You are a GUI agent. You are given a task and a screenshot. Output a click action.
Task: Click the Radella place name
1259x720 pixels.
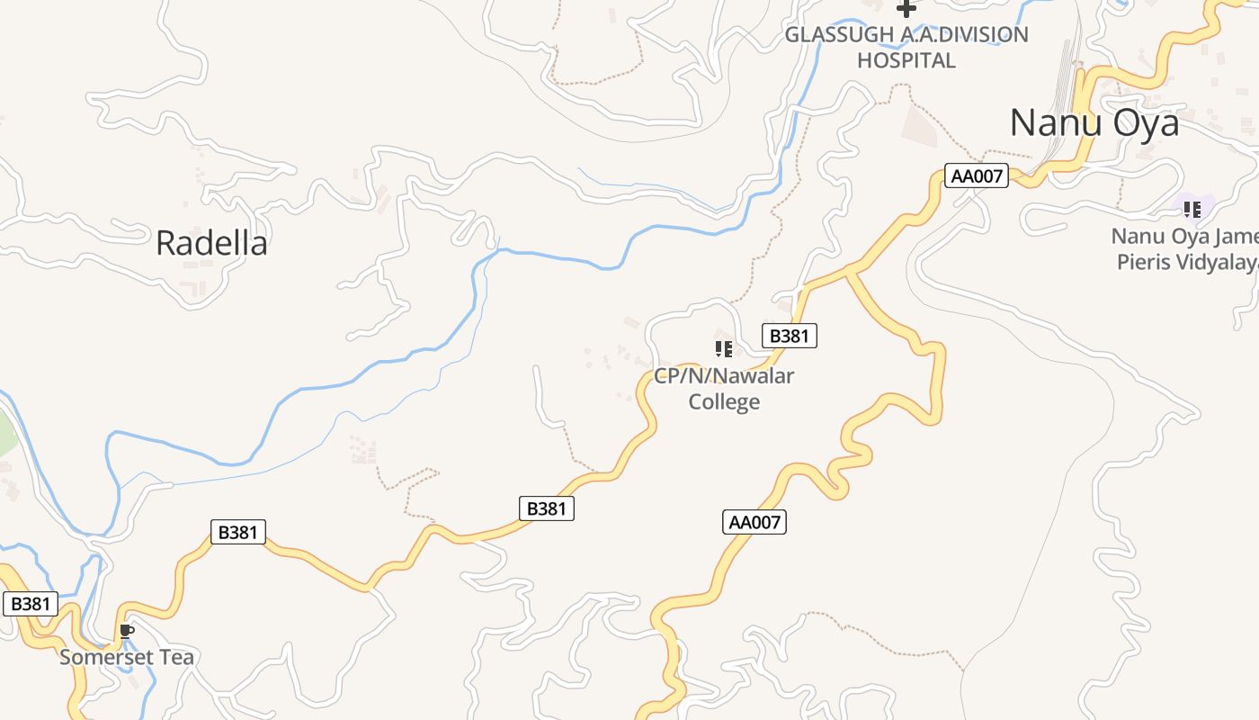211,243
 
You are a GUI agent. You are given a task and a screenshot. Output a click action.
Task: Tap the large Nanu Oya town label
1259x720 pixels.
1094,123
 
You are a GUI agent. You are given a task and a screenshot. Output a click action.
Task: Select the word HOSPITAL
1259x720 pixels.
906,60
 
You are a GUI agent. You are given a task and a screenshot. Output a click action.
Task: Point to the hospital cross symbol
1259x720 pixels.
906,8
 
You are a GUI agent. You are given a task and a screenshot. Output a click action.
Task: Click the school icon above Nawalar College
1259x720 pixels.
724,348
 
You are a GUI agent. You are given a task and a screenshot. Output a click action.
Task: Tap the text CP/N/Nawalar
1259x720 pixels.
724,375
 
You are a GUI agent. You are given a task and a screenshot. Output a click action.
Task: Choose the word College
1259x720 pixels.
724,401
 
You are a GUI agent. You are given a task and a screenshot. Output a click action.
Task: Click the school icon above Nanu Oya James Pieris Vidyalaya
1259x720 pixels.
1192,210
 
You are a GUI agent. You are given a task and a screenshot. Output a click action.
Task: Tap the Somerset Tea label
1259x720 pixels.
127,657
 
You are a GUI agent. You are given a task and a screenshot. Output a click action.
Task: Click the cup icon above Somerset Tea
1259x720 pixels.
127,632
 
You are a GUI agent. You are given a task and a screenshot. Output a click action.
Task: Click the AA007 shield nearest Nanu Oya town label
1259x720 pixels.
977,175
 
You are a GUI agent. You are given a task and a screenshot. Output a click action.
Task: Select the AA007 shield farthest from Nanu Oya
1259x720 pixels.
755,522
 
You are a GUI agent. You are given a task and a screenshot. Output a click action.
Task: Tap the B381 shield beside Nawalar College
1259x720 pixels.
790,337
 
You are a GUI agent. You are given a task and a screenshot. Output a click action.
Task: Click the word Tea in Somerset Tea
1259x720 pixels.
175,657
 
